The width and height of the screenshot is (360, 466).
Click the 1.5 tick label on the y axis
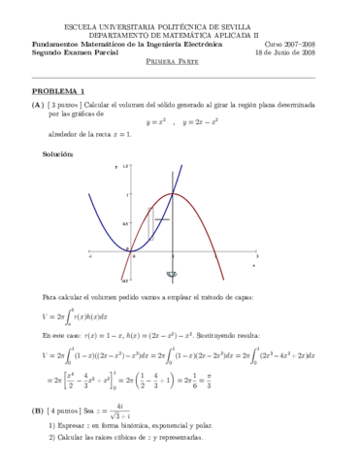[x=125, y=168]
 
